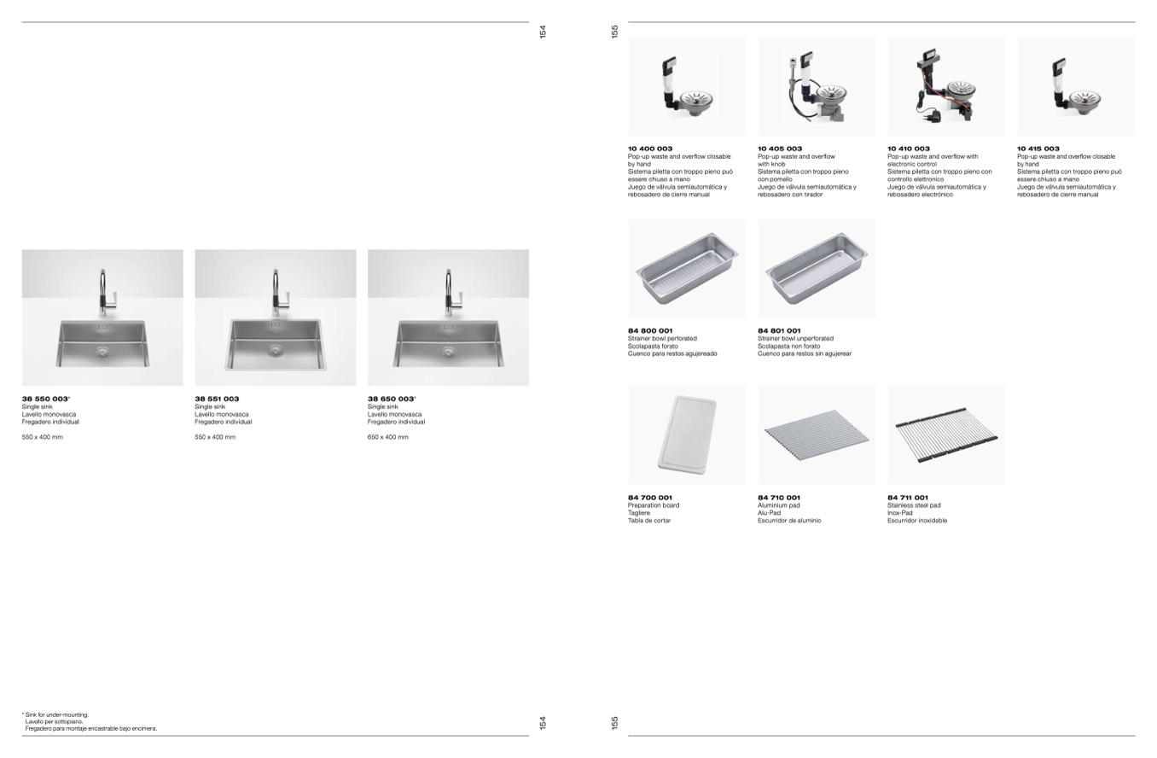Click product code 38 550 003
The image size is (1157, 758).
click(x=45, y=399)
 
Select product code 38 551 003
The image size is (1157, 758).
click(x=217, y=399)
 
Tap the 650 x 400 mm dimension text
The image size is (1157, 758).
click(x=388, y=437)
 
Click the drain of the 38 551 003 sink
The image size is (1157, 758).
click(x=276, y=351)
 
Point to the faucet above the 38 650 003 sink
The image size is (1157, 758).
click(x=449, y=293)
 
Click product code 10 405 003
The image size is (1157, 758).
click(x=780, y=149)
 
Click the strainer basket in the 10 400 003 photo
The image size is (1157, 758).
click(x=697, y=98)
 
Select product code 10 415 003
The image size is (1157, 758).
click(x=1038, y=149)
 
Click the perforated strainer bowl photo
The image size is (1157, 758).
click(x=687, y=269)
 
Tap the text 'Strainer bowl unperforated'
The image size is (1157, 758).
click(x=795, y=338)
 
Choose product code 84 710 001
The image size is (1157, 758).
click(x=779, y=498)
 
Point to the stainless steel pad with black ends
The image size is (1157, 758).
click(x=946, y=434)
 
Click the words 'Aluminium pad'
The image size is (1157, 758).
click(x=778, y=505)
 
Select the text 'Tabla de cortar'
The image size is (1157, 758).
click(x=649, y=521)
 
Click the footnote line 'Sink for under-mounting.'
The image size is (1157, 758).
click(x=55, y=715)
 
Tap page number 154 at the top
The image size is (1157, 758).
click(x=543, y=32)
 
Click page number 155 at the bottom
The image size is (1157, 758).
click(x=614, y=722)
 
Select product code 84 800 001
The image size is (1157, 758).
click(x=650, y=330)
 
